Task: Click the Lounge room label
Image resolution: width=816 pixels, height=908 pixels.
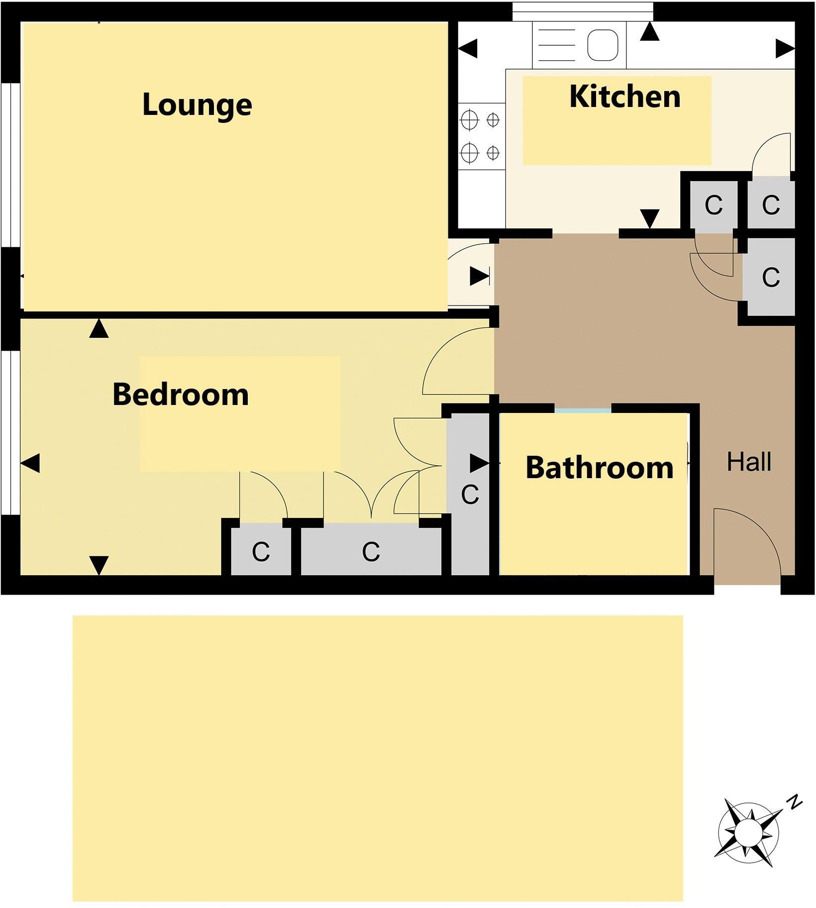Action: (197, 105)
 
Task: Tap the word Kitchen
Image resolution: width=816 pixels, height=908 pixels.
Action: (624, 97)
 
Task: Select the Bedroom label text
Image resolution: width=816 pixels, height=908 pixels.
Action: (181, 395)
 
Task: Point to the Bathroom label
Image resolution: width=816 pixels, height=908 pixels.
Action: (599, 468)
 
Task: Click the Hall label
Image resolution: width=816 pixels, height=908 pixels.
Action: (749, 462)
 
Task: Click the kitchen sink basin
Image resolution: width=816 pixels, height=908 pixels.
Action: (603, 45)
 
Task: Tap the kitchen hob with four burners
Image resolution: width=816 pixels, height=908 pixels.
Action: (481, 136)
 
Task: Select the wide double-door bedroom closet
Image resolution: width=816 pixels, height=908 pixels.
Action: (371, 550)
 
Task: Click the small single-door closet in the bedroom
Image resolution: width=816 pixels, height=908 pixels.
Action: (261, 551)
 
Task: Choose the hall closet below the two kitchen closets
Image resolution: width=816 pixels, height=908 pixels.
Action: (770, 277)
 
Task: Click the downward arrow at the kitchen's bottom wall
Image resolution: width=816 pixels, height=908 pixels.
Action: (649, 218)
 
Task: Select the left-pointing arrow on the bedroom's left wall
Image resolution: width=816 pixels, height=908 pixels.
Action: (30, 463)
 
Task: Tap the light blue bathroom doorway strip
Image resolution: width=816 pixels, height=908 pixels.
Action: (583, 410)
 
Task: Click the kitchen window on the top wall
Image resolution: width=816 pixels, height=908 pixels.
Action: (582, 11)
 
